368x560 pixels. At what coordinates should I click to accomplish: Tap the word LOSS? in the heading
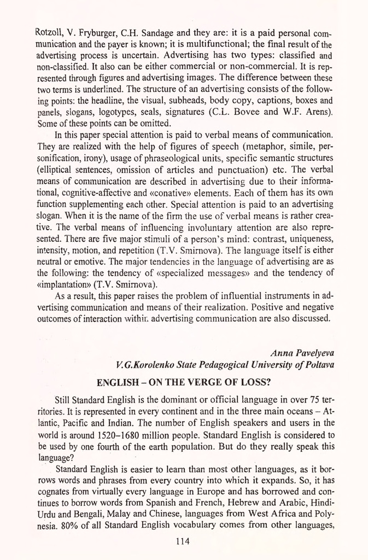point(251,381)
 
